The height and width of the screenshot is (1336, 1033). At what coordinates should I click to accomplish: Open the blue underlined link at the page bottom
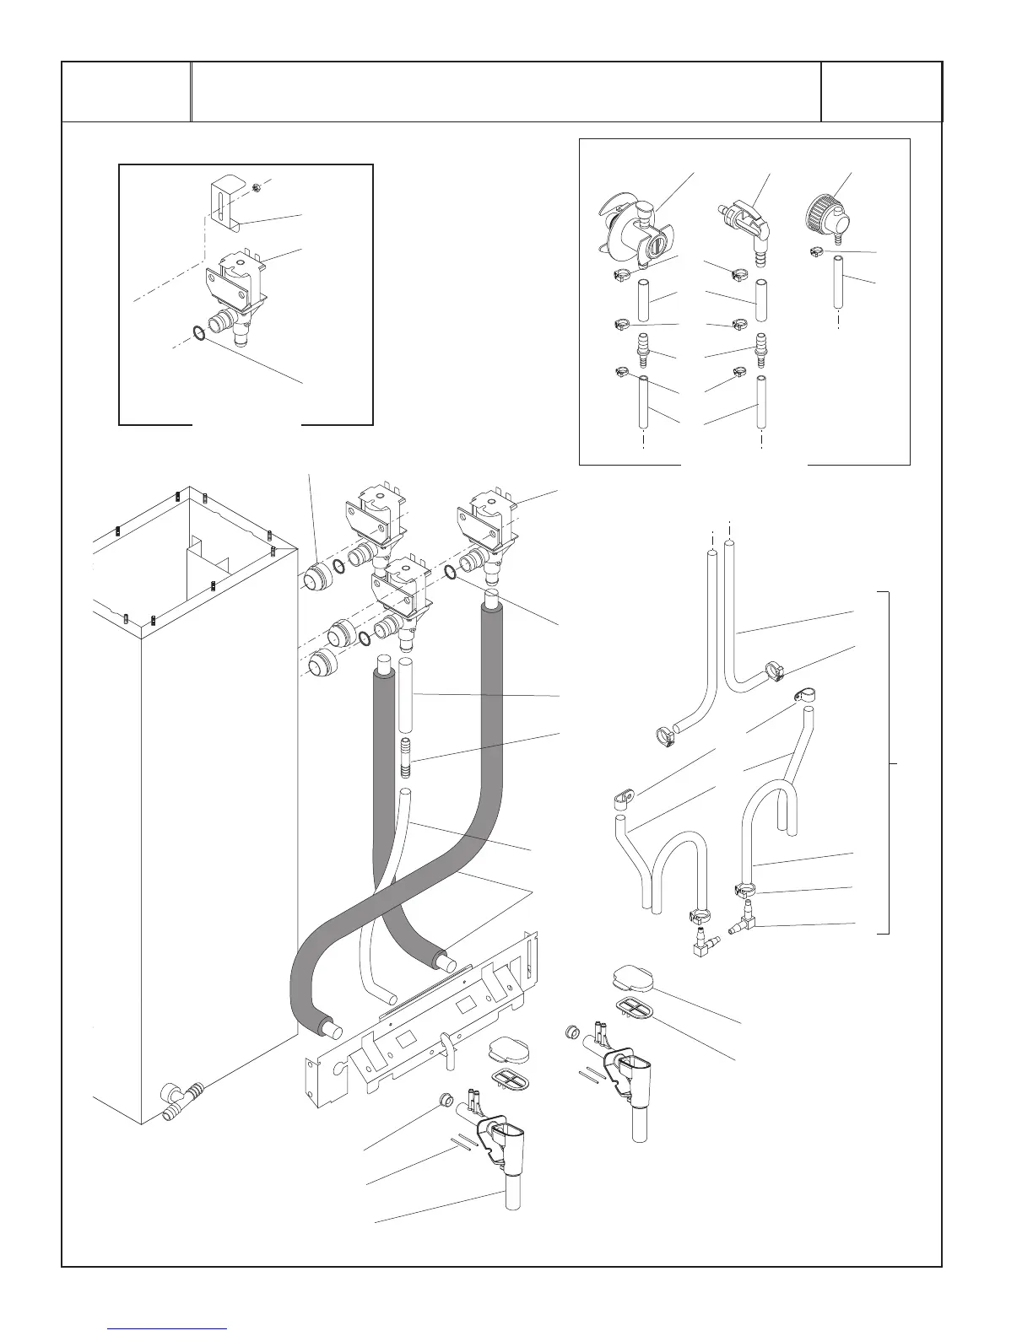coord(168,1328)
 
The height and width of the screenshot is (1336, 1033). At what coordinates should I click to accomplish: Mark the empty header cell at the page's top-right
coord(881,91)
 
